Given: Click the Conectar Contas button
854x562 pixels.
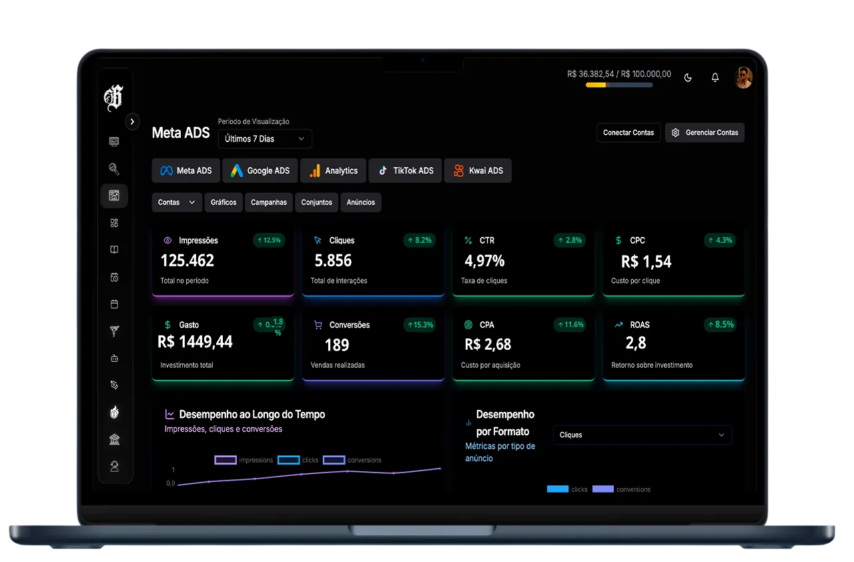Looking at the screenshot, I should (x=628, y=133).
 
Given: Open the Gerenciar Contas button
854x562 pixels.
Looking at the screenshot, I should (x=705, y=133).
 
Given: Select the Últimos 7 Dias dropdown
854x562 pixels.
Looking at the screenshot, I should (x=264, y=139).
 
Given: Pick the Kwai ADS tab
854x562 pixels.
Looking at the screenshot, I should (x=478, y=171).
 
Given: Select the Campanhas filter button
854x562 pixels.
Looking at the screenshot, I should (x=269, y=202).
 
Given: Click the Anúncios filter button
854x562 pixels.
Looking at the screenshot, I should (x=360, y=202).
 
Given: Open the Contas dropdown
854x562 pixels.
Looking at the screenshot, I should (x=177, y=202).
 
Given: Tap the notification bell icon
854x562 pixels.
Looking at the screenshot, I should (x=715, y=77).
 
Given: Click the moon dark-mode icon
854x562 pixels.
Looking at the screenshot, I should (x=688, y=77).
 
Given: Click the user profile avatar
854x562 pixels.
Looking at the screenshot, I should (x=743, y=77).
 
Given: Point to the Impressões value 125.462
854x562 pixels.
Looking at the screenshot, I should (x=187, y=260).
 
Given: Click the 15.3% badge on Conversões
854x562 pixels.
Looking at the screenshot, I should (x=419, y=325).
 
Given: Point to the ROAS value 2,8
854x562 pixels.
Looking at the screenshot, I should (x=636, y=343).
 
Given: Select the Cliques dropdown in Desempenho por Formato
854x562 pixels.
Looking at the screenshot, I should (x=642, y=435).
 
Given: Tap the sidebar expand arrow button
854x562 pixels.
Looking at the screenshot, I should (x=133, y=121).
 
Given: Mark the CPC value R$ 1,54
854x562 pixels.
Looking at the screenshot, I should (x=646, y=262).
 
